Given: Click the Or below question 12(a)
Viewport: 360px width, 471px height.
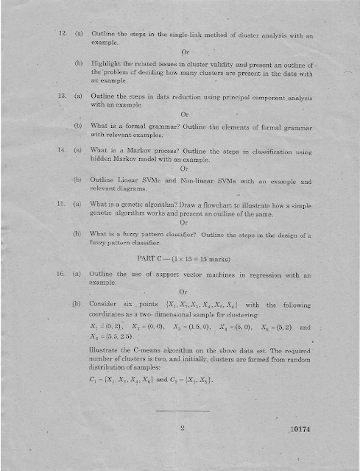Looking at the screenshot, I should pos(184,52).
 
